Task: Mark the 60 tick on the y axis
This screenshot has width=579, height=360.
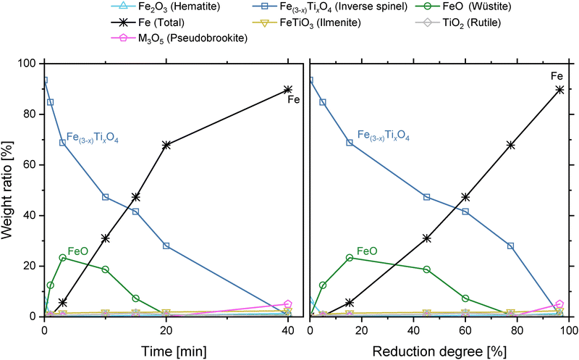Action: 32,165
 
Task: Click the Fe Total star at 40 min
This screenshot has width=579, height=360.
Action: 288,89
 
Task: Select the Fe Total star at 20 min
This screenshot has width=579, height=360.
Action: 166,145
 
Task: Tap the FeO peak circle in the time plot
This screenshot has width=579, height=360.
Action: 63,258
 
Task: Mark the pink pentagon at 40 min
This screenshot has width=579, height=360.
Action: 288,305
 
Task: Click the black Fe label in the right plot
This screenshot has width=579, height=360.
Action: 557,76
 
